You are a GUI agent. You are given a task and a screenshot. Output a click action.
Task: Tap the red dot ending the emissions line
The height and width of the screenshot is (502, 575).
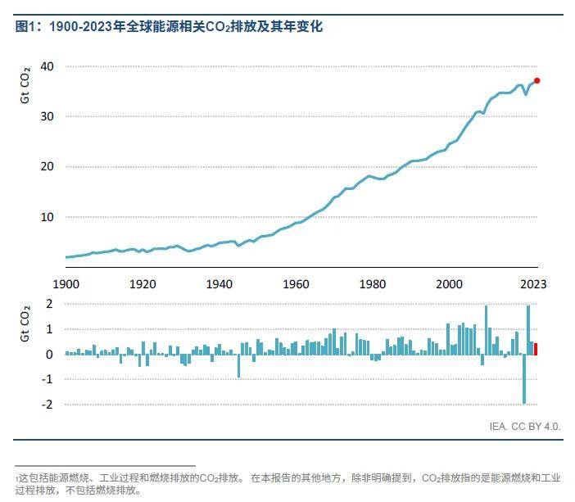point(537,80)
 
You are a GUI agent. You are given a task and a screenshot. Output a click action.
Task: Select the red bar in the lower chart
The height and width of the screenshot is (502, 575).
point(536,349)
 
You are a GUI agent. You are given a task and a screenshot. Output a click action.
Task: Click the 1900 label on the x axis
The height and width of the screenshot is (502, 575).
point(66,284)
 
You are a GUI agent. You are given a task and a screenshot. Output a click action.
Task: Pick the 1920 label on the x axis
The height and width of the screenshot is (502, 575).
point(143,284)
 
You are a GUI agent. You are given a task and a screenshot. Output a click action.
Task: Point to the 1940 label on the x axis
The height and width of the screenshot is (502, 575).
point(220,284)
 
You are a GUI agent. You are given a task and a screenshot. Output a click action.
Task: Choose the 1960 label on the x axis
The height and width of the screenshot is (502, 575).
point(297,284)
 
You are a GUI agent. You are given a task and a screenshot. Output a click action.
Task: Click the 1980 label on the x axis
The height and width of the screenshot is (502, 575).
point(374,284)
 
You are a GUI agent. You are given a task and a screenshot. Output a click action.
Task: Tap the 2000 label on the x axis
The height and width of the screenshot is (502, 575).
point(450,284)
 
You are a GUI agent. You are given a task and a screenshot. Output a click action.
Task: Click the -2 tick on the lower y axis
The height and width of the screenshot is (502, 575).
point(48,405)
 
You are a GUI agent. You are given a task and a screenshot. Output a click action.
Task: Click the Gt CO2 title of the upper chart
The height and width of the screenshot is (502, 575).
point(25,85)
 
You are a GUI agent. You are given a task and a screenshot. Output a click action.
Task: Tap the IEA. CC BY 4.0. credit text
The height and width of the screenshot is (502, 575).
point(525,426)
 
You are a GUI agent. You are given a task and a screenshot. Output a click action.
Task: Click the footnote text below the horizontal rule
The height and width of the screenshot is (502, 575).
point(287,482)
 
